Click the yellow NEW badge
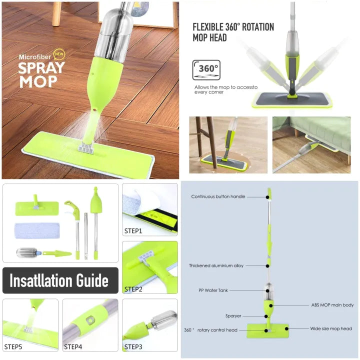[x=59, y=54]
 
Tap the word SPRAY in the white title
[x=41, y=67]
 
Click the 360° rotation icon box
[x=206, y=70]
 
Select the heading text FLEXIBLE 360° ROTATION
[x=233, y=27]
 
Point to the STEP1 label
[x=133, y=230]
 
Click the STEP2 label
[x=133, y=289]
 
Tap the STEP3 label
[x=133, y=346]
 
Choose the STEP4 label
[x=73, y=346]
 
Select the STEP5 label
[x=13, y=346]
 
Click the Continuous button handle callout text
[x=218, y=196]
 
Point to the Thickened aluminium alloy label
[x=216, y=265]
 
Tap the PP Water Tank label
[x=213, y=290]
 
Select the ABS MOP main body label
[x=332, y=305]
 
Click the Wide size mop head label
[x=331, y=329]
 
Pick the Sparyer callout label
[x=233, y=316]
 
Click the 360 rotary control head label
[x=210, y=330]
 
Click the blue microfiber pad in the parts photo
[x=37, y=230]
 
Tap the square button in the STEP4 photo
[x=90, y=320]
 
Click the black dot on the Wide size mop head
[x=287, y=329]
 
